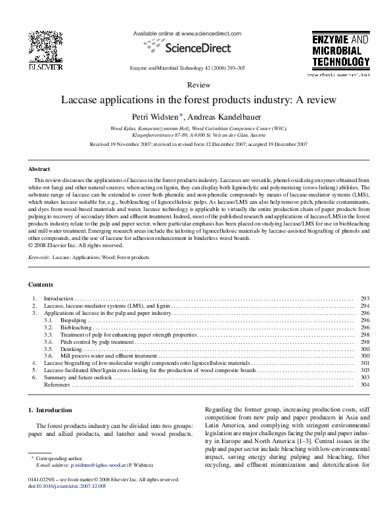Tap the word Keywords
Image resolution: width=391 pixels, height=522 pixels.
[39, 258]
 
